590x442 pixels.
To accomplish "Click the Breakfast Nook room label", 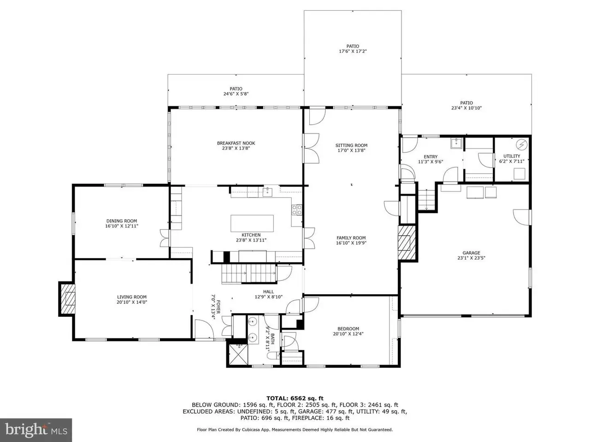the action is (x=236, y=143).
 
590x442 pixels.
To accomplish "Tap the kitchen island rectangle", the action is (x=252, y=223).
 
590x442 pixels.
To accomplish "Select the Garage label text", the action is (x=471, y=252).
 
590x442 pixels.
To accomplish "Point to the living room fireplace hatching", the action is (x=67, y=299).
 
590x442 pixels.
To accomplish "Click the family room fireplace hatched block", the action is (x=407, y=243).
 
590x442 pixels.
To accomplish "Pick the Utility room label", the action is (x=512, y=156).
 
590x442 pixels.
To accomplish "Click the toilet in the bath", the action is (x=273, y=356).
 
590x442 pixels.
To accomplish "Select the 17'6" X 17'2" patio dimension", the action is (x=353, y=51).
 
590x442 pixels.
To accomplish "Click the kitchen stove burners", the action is (x=296, y=209).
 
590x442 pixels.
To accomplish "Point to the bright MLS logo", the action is (x=36, y=430).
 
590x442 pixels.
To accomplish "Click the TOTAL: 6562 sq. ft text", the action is (x=295, y=398).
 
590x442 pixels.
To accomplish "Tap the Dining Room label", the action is (x=122, y=221).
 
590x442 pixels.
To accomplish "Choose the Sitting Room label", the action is (x=351, y=145).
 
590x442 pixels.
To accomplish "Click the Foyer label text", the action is (x=218, y=307).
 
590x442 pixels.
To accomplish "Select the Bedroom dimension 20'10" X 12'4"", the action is (x=348, y=334).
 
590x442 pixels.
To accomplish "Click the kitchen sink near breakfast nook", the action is (x=267, y=192).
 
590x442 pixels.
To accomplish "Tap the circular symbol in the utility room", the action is (x=521, y=145).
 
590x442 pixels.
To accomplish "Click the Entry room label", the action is (x=431, y=157).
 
